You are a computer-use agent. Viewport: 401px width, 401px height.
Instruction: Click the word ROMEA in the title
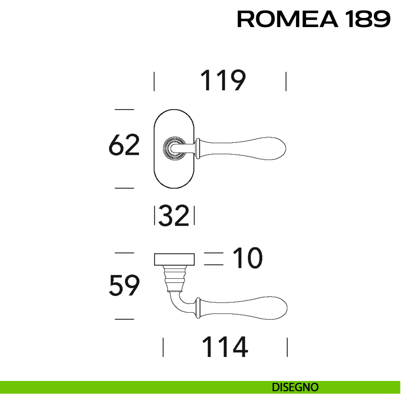tap(287, 19)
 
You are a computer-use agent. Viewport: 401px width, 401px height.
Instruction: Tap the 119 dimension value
tap(223, 81)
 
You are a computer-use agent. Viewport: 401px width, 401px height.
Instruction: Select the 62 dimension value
tap(124, 145)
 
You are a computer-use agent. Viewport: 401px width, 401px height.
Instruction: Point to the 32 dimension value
tap(174, 216)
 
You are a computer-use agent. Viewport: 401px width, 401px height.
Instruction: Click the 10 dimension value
tap(248, 258)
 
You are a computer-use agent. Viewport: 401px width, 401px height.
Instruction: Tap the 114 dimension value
tap(225, 347)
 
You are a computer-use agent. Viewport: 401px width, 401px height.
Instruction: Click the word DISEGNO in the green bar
tap(295, 387)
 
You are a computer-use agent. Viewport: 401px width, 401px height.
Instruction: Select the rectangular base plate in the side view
tap(174, 259)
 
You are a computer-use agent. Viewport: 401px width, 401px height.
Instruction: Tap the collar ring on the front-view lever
tap(198, 148)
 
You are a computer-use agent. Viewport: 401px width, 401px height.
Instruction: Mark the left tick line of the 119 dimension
tap(154, 81)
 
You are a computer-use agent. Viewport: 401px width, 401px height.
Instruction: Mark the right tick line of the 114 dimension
tap(287, 347)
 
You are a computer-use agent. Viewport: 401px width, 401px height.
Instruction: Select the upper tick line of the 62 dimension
tap(124, 109)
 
